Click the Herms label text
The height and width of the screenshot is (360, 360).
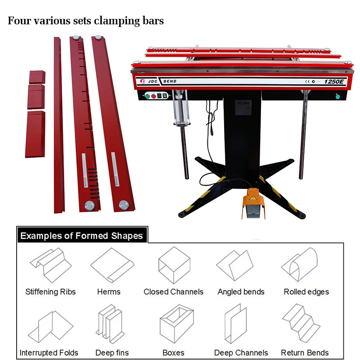(x=109, y=292)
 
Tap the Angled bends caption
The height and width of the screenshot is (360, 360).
(x=241, y=292)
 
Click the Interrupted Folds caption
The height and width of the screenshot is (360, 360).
(x=49, y=352)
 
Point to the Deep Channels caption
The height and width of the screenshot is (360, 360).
(x=241, y=352)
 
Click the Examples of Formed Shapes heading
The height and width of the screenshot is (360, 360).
(x=81, y=236)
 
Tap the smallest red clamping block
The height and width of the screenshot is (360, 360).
(x=38, y=77)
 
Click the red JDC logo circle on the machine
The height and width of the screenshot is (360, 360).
(x=141, y=81)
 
